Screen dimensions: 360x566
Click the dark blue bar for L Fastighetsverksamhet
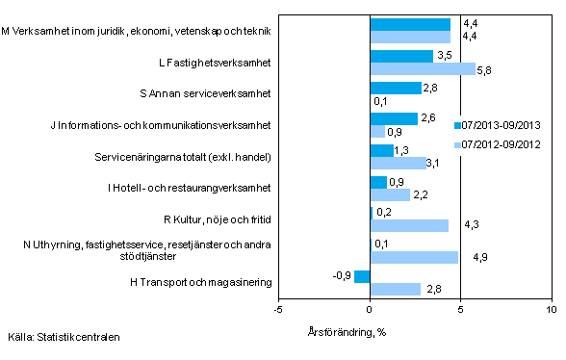tap(401, 57)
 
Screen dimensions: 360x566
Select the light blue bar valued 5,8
tap(423, 69)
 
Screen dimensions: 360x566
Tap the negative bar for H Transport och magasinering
tap(362, 277)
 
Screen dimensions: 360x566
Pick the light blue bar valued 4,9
tap(415, 257)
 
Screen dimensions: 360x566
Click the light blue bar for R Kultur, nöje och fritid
tap(409, 226)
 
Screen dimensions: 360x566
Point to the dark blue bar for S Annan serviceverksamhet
tap(396, 88)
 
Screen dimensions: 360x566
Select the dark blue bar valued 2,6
tap(394, 119)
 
